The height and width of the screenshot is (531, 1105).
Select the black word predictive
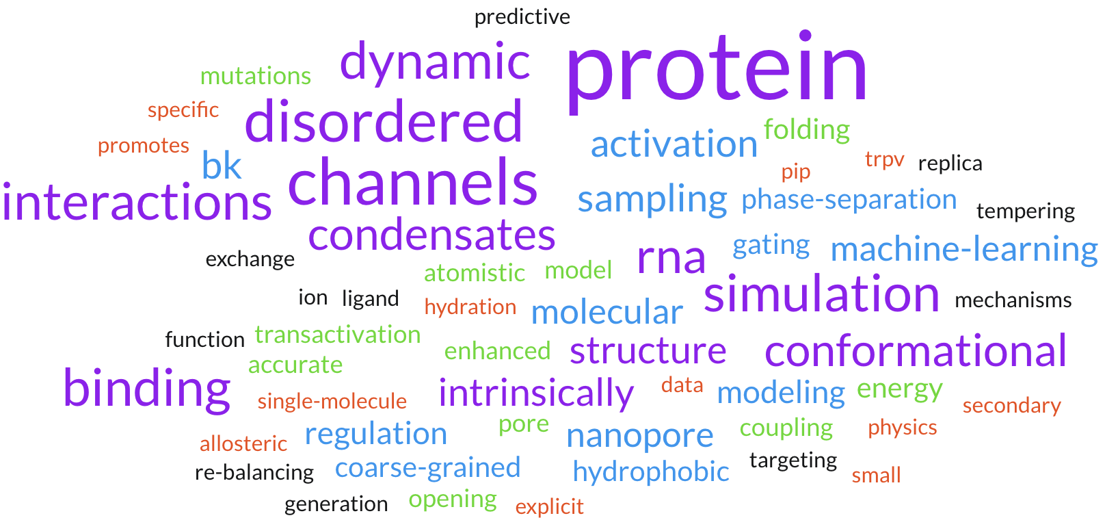(x=522, y=18)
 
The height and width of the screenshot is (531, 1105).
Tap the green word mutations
(x=256, y=76)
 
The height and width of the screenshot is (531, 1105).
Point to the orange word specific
(x=183, y=109)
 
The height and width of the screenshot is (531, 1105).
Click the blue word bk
(x=222, y=166)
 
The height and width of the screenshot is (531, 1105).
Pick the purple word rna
(x=671, y=258)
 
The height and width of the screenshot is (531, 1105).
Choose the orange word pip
(x=796, y=172)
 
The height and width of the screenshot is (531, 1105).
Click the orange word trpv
(x=885, y=160)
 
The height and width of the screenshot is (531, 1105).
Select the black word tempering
(x=1026, y=211)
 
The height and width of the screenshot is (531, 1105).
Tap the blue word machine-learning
(x=964, y=249)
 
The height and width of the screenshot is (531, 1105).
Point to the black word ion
(x=312, y=298)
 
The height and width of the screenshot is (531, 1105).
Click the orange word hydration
(x=470, y=307)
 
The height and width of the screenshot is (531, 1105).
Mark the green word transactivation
(x=337, y=335)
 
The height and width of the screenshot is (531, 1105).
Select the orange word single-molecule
(x=332, y=401)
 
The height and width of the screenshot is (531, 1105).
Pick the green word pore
(x=523, y=425)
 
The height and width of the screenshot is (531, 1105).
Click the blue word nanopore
(x=640, y=437)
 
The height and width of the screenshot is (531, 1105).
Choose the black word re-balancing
(x=254, y=472)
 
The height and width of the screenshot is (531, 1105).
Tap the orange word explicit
(x=550, y=507)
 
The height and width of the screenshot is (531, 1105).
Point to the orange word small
(x=876, y=476)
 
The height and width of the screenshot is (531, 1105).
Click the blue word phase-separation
(x=849, y=200)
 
